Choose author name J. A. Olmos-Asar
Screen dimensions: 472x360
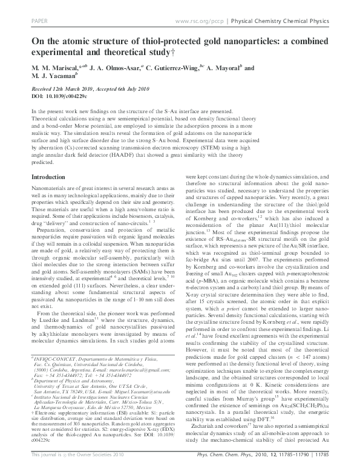(x=112, y=68)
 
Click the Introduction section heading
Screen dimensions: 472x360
(x=48, y=177)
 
